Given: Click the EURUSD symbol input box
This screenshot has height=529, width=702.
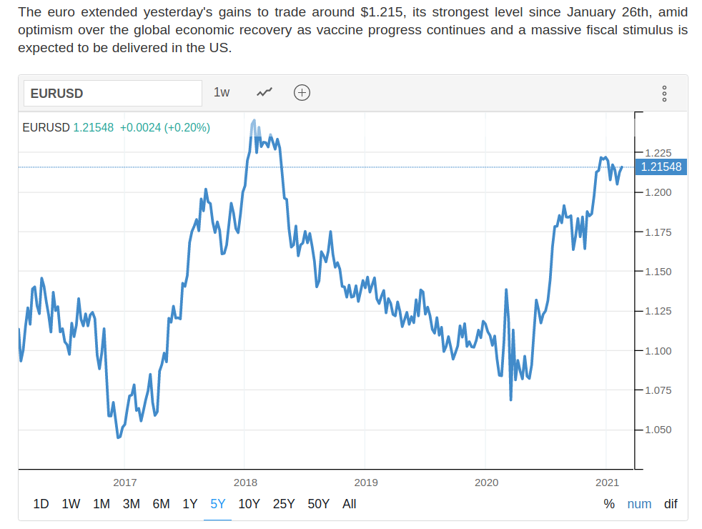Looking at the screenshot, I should coord(113,94).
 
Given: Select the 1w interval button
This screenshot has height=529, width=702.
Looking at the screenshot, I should coord(222,92).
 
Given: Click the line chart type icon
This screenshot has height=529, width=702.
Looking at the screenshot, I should coord(265,92).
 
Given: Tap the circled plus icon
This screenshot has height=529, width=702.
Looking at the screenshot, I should coord(302,92).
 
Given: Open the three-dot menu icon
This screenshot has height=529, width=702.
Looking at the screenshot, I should coord(665,94).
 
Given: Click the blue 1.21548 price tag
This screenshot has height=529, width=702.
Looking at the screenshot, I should coord(661,167).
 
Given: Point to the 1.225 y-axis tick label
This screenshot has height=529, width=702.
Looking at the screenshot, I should coord(658,153).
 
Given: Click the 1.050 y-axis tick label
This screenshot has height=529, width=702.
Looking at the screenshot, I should coord(658,430).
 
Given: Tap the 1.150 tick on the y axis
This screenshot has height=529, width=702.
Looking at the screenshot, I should coord(658,272).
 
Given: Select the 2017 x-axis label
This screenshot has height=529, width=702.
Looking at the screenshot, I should coord(124,483).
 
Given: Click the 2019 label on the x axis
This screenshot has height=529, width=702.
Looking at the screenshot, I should coord(365,483).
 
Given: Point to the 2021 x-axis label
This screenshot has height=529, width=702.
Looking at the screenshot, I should coord(607,483).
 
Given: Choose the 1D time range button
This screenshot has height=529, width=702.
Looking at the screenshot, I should coord(41,504).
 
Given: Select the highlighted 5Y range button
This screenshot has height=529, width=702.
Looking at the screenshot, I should coord(218,504).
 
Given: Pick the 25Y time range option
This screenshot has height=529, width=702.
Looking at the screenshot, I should coord(284,504).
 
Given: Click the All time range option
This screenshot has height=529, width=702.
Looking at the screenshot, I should coord(349,504).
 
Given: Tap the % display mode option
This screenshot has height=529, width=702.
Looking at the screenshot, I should coord(609,504).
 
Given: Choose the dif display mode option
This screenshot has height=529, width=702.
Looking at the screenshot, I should coord(671,504).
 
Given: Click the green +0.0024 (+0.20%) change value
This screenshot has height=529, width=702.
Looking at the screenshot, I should coord(164,128).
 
